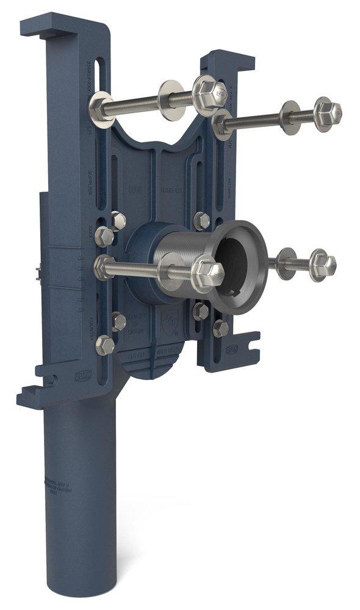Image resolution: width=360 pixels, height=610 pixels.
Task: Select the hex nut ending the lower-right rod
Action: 321,264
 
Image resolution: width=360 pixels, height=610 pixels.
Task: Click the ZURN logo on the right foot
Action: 232,349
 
